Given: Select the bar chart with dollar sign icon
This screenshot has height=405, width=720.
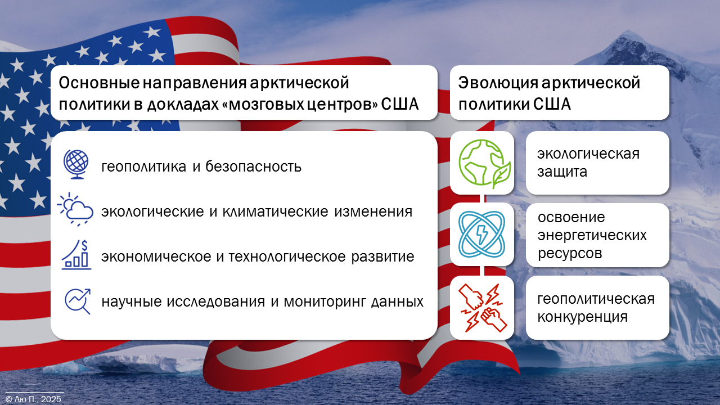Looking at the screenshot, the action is (76, 255).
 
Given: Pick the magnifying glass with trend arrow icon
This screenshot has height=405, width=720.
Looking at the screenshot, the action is (78, 301).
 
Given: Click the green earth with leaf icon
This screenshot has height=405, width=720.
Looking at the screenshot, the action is (484, 164).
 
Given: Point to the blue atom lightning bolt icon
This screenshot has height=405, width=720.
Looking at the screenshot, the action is (481, 235).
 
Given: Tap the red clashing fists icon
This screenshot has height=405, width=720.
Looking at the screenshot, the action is (483, 308).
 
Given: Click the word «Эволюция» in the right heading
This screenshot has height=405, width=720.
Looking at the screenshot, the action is (498, 83).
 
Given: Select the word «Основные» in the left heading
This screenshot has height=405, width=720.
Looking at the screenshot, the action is (99, 83).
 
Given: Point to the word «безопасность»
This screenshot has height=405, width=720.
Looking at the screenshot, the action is (253, 166).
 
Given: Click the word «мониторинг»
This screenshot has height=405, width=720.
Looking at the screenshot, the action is (325, 302).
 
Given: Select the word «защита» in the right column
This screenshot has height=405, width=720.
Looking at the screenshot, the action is (562, 172).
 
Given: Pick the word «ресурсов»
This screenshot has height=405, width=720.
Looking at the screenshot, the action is (570, 254).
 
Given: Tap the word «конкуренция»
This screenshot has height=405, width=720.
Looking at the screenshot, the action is (582, 317).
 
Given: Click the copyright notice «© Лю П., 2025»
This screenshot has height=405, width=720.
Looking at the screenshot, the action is (33, 399).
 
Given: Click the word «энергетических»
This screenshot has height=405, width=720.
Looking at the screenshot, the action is (592, 236).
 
